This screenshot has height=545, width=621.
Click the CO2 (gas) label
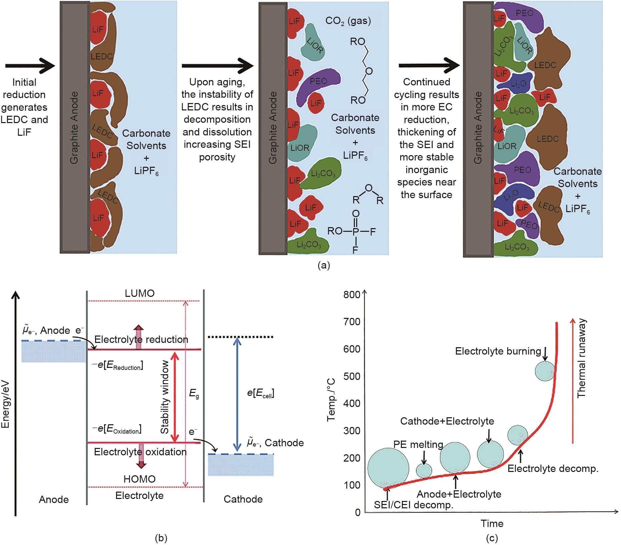348,21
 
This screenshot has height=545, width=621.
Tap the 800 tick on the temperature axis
352,295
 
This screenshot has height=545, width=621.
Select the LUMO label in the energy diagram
139,294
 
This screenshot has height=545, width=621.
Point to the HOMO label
139,479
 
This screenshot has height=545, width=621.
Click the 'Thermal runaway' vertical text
581,359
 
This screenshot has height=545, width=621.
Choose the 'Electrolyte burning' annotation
498,351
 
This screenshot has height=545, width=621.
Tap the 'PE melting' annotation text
418,445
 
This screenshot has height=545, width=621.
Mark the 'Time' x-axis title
492,523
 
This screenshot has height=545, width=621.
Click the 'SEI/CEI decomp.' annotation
414,505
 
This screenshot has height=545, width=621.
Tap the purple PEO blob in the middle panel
319,81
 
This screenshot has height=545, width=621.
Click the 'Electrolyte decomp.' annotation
553,469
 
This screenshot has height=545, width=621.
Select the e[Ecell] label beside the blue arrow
261,393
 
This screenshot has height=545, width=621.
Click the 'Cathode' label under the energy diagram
243,499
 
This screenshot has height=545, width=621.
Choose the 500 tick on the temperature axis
352,376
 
